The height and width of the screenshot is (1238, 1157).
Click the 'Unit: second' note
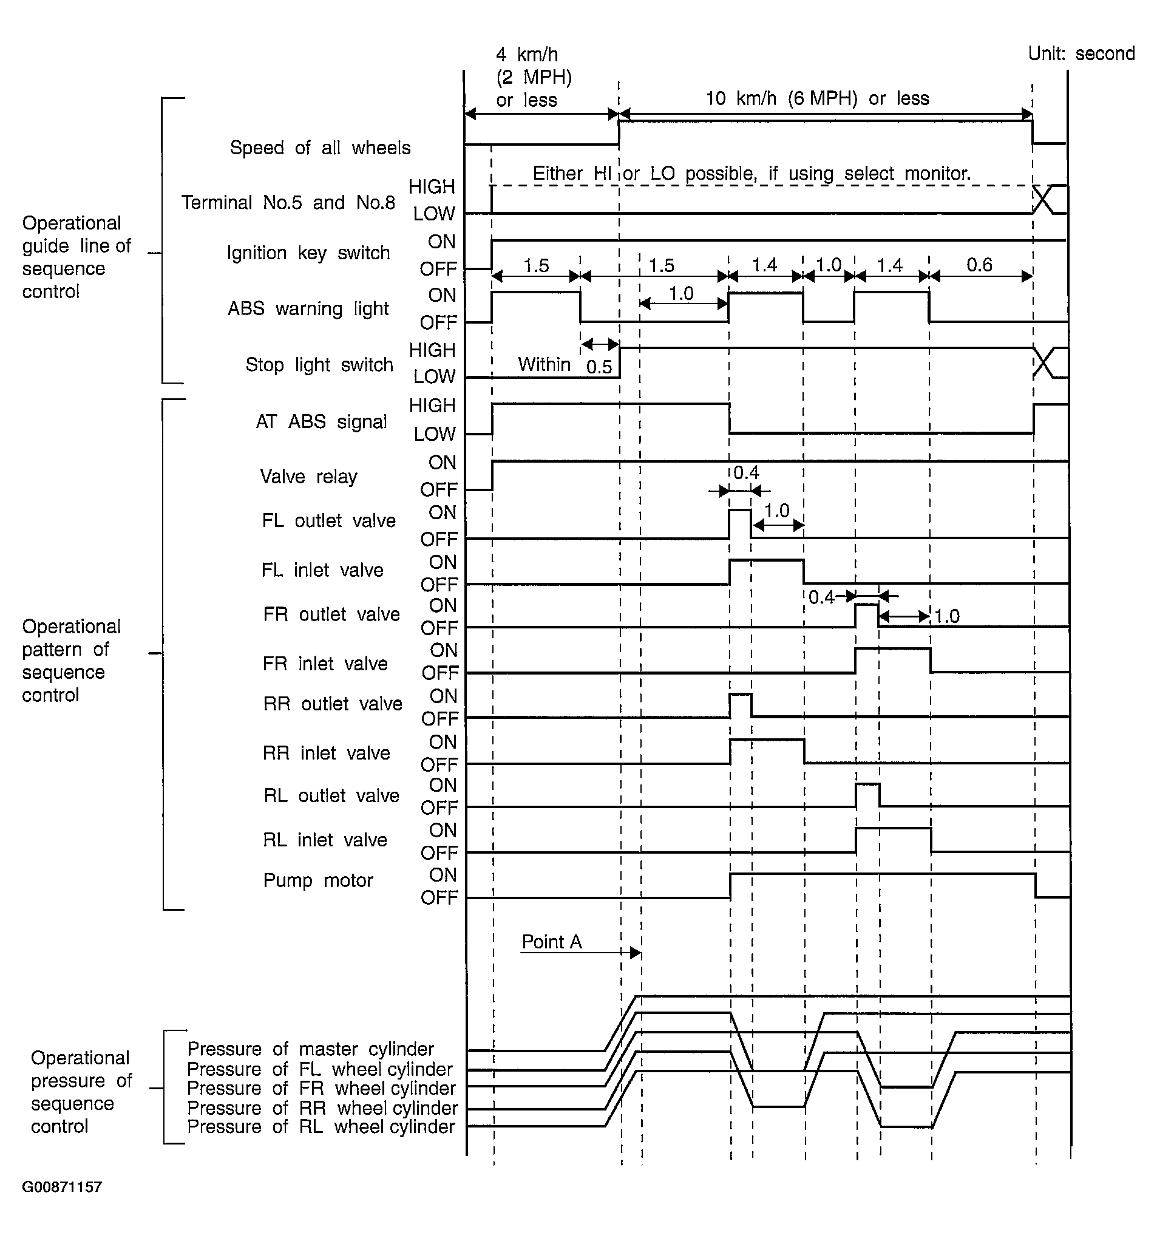point(1081,53)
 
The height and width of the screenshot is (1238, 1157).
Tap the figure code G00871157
point(63,1186)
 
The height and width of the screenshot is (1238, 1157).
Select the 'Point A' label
point(552,942)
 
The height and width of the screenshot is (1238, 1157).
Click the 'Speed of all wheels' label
point(320,148)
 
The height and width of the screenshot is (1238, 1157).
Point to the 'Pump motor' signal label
point(318,880)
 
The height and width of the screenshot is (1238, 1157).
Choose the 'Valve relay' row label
point(309,477)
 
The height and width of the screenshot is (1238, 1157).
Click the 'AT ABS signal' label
point(321,421)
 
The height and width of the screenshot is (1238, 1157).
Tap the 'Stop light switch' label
point(319,364)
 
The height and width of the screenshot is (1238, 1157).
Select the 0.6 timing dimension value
point(979,265)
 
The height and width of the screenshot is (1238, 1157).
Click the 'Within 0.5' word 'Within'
point(545,364)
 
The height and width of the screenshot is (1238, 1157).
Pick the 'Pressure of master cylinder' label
point(310,1049)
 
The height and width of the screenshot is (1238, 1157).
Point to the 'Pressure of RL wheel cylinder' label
point(321,1126)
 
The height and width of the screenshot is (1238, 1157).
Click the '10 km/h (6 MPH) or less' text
point(817,98)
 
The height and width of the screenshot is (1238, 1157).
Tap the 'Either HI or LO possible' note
point(752,173)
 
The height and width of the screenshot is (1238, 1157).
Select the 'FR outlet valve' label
point(331,614)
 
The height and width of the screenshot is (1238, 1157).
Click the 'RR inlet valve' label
point(327,753)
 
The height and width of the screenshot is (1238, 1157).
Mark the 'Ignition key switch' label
point(308,253)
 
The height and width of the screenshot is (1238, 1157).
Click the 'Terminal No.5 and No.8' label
point(288,202)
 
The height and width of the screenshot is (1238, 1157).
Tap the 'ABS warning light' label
point(308,308)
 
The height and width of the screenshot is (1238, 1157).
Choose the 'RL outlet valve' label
point(331,795)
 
